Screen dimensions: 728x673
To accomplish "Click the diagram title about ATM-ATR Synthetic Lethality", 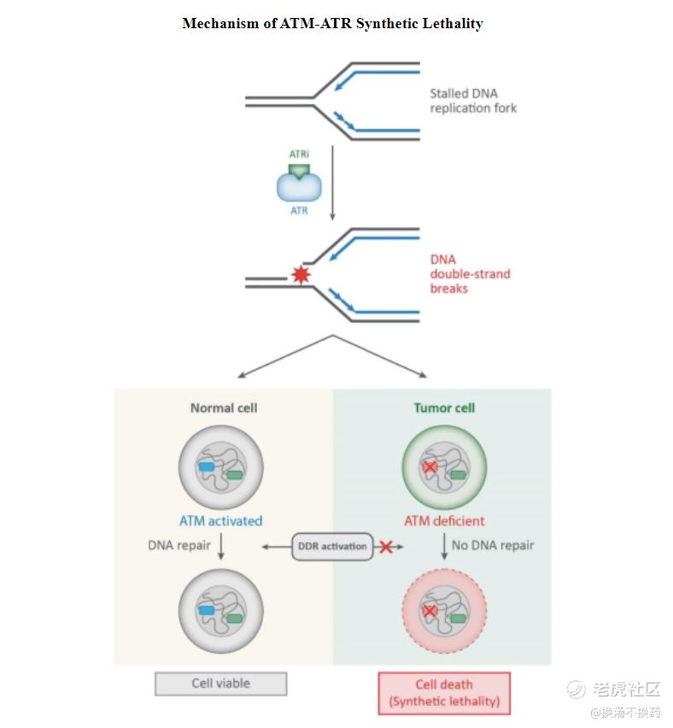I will pos(332,24).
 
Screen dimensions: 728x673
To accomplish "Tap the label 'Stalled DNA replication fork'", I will pos(473,101).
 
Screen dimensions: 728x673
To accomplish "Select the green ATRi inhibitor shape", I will pos(299,170).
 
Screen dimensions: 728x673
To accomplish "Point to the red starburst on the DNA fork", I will pos(300,275).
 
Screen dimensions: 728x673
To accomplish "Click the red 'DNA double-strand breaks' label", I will pos(470,273).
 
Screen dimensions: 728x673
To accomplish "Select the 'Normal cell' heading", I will pos(224,408).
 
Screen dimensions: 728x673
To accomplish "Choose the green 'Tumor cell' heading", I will pos(444,408).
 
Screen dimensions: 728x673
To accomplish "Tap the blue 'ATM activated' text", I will pos(220,520).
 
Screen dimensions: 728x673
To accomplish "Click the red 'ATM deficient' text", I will pos(444,520).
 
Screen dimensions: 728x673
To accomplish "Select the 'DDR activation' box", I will pos(332,546).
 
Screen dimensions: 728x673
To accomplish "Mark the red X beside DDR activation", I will pos(386,547).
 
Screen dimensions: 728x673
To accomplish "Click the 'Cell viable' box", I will pos(220,684).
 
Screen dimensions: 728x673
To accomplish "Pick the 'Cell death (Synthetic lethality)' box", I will pos(444,693).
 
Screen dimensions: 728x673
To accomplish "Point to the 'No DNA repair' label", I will pos(493,545).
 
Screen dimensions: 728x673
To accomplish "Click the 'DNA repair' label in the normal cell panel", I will pos(179,545).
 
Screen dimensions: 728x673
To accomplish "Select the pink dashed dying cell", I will pos(444,610).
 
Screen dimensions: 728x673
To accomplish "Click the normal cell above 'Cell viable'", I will pos(220,610).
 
